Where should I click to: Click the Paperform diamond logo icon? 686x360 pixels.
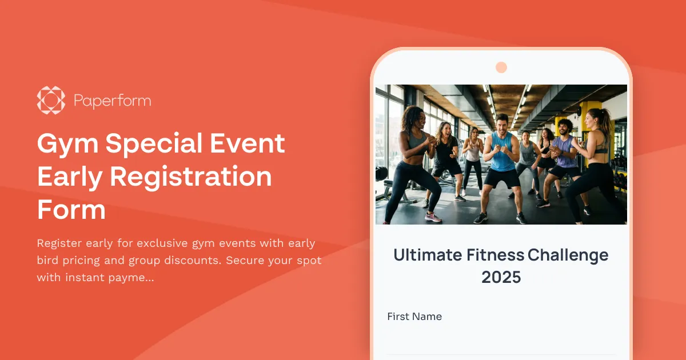51,101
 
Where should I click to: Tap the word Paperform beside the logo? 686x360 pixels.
112,101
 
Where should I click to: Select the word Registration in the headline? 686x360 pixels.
190,177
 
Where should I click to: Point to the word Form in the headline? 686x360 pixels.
71,210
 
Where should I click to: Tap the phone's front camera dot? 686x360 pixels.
501,67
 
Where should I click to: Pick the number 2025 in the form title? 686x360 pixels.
501,277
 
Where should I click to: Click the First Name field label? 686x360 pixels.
414,317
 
